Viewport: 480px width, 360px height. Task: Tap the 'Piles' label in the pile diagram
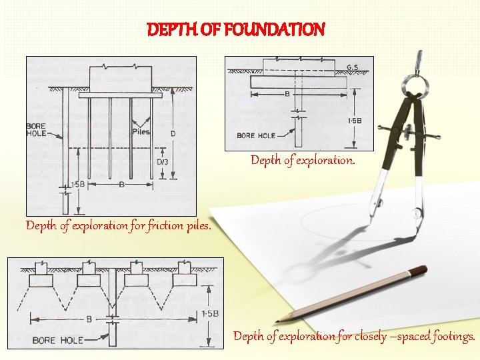(x=141, y=131)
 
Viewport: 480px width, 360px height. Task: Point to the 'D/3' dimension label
(x=162, y=161)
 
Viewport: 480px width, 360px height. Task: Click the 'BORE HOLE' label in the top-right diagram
(x=256, y=136)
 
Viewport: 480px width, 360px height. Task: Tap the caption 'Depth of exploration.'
(x=303, y=161)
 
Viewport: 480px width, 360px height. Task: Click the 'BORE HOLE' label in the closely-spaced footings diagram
(x=58, y=340)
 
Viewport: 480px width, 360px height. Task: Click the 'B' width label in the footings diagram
(x=89, y=319)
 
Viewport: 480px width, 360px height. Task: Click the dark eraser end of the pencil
(x=418, y=270)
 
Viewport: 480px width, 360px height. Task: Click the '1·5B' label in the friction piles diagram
(x=77, y=183)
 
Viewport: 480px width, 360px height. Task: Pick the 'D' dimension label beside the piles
(x=173, y=134)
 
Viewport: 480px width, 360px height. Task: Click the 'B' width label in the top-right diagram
(x=287, y=94)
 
